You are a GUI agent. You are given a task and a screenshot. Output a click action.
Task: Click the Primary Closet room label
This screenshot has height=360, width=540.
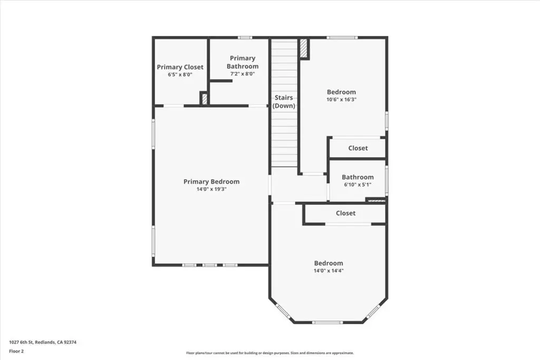[x=180, y=67]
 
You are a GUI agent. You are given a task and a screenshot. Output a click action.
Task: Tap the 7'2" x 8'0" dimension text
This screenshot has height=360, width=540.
[x=243, y=74]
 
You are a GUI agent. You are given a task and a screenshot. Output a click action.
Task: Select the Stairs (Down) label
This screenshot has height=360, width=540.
[x=284, y=102]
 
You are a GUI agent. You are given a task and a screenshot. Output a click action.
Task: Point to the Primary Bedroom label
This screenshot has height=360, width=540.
[x=211, y=182]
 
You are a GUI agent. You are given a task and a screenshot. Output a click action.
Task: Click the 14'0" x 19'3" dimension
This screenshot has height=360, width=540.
[x=211, y=189]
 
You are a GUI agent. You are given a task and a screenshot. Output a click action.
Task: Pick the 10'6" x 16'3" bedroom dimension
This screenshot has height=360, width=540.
[x=341, y=100]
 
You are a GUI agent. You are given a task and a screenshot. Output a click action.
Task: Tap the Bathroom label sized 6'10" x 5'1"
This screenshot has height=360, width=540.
[x=358, y=177]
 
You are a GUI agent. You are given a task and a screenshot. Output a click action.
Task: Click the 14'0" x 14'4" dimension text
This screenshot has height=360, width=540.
[x=329, y=270]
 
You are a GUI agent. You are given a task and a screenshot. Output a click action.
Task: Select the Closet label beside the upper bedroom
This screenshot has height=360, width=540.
[x=358, y=148]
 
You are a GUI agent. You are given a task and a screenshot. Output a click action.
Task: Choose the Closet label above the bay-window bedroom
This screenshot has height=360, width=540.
[x=345, y=213]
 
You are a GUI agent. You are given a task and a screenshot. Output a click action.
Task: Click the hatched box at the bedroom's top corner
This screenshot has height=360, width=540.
[x=304, y=48]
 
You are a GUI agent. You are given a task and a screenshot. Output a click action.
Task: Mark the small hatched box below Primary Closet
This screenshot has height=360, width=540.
[x=204, y=99]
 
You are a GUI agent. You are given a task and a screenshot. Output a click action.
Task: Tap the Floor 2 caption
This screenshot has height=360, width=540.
[x=16, y=352]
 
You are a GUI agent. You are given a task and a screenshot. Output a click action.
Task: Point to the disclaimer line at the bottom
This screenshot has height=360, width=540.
[x=269, y=353]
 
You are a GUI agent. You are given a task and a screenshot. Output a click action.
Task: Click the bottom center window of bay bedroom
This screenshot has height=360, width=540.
[x=327, y=323]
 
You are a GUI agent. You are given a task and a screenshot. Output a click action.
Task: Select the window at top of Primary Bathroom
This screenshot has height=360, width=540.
[x=245, y=37]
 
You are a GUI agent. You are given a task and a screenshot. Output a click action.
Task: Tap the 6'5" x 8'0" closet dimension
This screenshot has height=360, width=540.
[x=180, y=74]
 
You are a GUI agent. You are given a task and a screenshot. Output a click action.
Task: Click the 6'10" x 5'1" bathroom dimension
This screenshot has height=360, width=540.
[x=358, y=184]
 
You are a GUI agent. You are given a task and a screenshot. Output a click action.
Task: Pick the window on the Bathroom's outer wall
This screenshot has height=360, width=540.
[x=387, y=180]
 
